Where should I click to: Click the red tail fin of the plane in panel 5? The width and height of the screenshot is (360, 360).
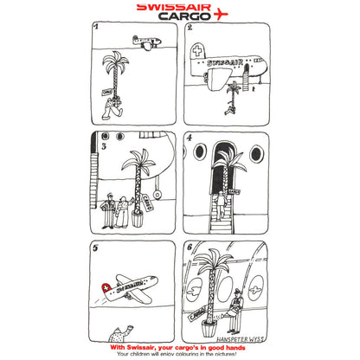[x=107, y=286]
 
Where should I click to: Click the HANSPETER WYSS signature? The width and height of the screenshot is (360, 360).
[x=243, y=339]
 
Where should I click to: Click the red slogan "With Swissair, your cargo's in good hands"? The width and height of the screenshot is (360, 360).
[x=179, y=348]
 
